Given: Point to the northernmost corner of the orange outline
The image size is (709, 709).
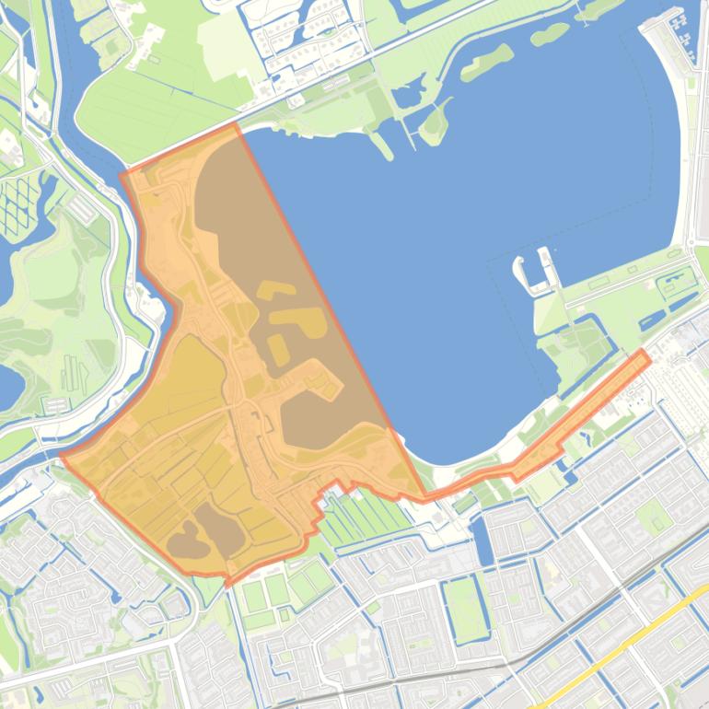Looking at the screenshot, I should (x=238, y=125).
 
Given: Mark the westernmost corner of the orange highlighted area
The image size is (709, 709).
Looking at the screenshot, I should (x=63, y=454).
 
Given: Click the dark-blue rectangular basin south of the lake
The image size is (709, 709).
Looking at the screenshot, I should (x=482, y=540).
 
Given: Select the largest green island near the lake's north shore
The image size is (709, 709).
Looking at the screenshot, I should (x=487, y=61).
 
